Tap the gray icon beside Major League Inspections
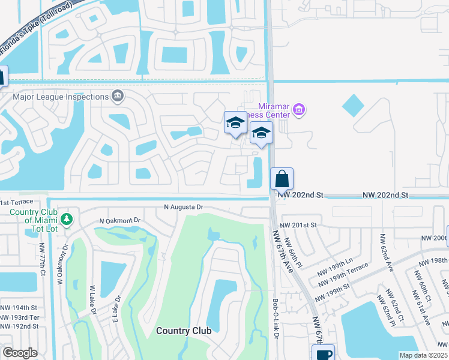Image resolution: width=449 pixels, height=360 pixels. pos(117,96)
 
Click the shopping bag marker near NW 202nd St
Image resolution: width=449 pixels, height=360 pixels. pos(282,179)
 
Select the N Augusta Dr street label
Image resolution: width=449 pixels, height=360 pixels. pos(184,207)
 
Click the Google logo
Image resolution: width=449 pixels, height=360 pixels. pos(20,353)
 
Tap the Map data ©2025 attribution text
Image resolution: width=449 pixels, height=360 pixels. pos(423,355)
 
